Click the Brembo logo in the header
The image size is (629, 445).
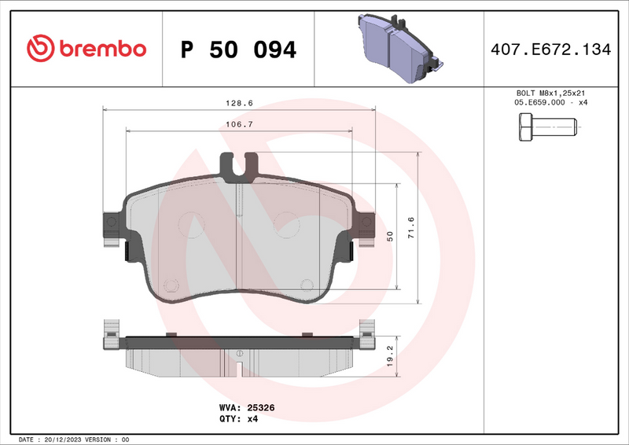click(86, 49)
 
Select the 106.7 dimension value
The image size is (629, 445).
click(239, 124)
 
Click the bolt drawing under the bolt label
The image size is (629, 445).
click(546, 127)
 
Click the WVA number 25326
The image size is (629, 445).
click(260, 408)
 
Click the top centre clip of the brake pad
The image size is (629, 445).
click(239, 166)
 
